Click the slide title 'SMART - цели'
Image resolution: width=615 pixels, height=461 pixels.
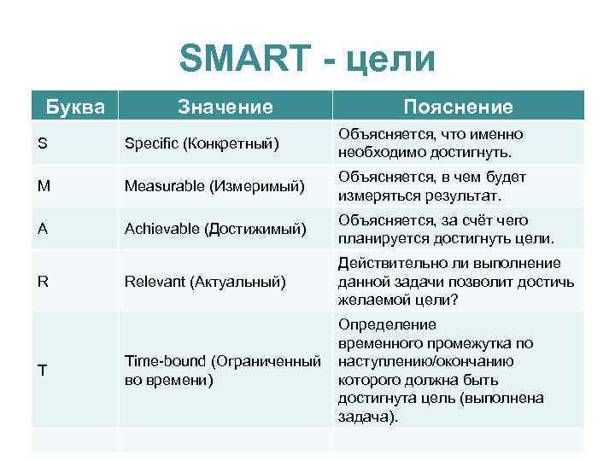307,59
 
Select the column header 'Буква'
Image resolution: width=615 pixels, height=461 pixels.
75,107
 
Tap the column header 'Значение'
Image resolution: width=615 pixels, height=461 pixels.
225,107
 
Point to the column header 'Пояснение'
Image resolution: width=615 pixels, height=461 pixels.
459,107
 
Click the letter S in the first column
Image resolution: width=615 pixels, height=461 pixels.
43,143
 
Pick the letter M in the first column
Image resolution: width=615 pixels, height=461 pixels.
44,185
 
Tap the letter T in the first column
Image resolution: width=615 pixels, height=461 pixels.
43,370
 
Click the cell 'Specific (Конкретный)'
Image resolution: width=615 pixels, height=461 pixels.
202,143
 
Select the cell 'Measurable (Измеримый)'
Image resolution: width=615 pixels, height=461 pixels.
214,185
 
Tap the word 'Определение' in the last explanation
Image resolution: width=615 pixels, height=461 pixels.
387,324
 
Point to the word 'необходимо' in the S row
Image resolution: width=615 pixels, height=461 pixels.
378,152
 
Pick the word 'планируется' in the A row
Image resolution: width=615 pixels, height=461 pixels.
382,238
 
